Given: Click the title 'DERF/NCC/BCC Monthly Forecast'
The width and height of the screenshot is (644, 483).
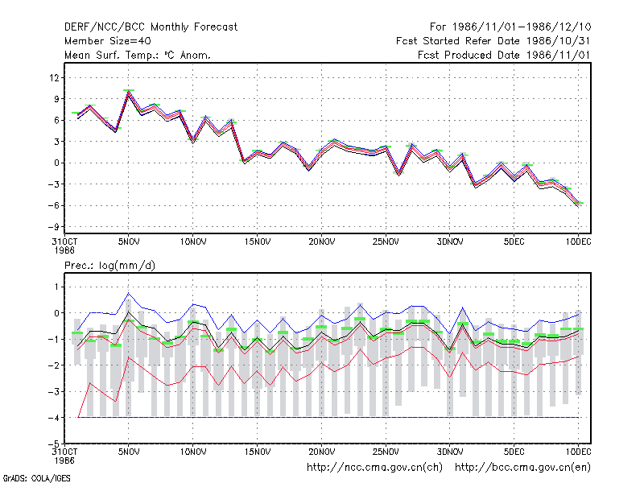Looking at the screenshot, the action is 151,27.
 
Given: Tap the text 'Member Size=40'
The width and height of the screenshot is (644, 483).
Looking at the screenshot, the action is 108,41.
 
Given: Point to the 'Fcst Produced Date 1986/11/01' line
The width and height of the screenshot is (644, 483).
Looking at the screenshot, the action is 504,55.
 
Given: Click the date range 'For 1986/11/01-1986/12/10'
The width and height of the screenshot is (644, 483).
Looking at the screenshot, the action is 510,27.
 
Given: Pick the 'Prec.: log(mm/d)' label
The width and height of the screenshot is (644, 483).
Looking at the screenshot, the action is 109,266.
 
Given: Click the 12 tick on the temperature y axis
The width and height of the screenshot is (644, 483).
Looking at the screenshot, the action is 54,77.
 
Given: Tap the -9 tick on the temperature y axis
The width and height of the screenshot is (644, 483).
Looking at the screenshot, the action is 53,227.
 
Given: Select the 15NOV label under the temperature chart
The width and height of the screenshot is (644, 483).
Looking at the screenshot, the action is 258,242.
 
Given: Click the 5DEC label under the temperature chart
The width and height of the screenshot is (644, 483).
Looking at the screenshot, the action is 514,242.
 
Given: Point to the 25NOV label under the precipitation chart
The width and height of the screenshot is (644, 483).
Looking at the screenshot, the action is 386,452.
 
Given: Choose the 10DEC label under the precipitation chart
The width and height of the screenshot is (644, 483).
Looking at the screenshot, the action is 578,452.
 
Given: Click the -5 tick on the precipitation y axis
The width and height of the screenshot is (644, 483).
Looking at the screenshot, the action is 53,444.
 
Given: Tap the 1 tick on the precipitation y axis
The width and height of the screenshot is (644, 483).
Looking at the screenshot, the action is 56,287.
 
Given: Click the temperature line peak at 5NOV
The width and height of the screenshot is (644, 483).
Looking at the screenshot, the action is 129,92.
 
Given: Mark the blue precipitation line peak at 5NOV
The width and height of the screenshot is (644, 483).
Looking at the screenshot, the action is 129,293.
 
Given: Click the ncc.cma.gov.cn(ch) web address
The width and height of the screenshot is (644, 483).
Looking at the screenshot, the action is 374,468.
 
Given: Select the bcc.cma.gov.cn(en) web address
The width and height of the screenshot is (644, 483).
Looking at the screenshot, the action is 522,468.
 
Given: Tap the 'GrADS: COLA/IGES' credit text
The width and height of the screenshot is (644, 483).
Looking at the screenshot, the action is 36,478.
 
